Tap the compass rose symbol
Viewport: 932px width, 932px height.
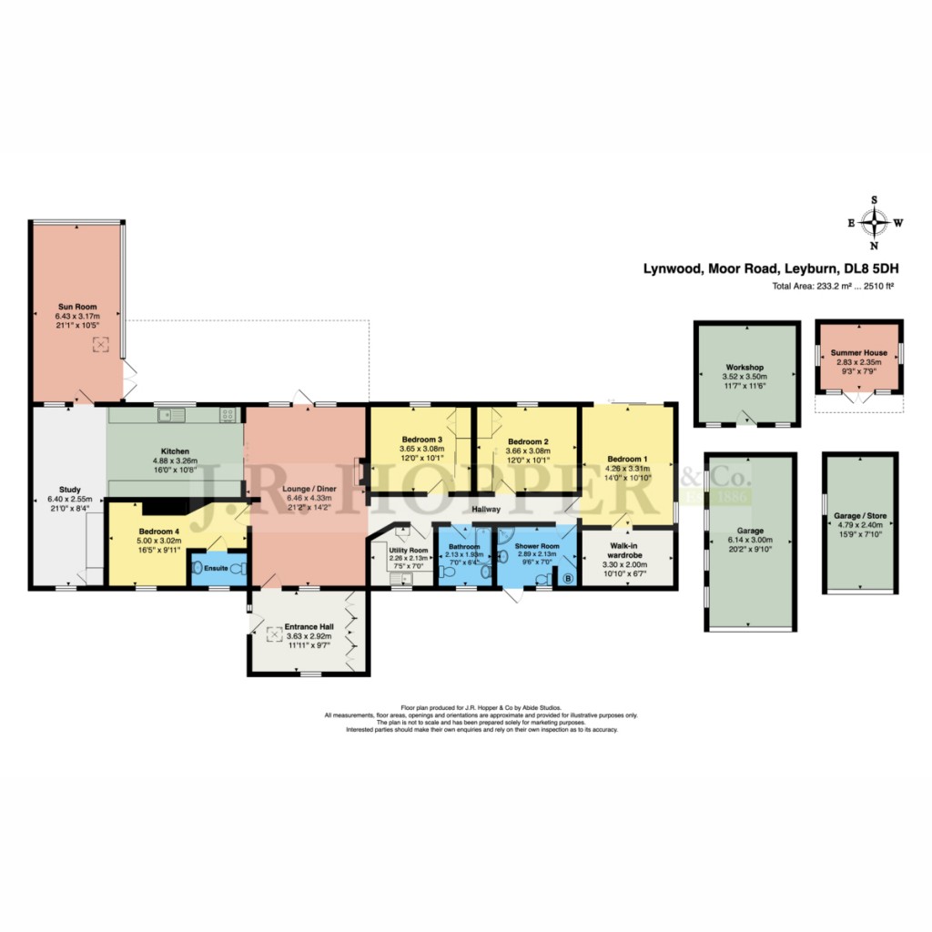[x=875, y=222]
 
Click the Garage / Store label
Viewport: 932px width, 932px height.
[x=858, y=516]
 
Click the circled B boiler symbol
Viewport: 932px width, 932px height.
[x=569, y=578]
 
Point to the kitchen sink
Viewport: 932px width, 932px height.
[x=167, y=416]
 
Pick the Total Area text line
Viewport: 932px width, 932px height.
[x=833, y=287]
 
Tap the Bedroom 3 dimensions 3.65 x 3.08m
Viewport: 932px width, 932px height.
[x=421, y=450]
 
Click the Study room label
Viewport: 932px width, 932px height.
[x=69, y=490]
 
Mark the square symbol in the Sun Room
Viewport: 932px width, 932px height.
[x=102, y=344]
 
